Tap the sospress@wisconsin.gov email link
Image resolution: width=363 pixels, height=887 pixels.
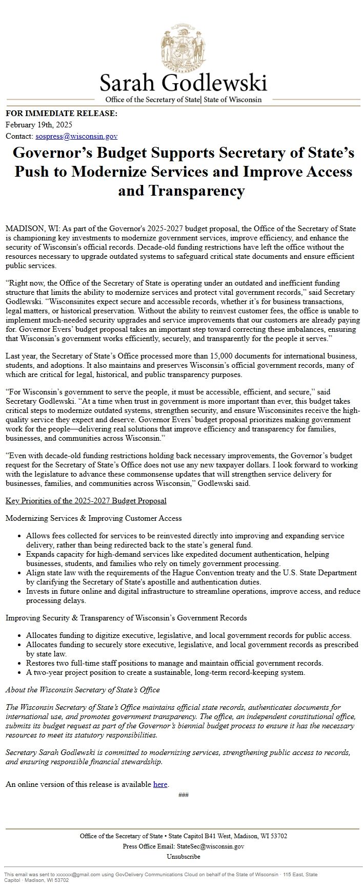click(76, 136)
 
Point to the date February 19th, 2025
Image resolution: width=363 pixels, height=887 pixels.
click(38, 125)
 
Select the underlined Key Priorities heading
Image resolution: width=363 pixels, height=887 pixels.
click(86, 501)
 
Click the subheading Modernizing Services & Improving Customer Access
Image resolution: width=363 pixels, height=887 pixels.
click(93, 518)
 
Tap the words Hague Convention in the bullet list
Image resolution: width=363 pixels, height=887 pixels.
click(231, 573)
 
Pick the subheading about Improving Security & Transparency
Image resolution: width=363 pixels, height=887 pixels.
click(126, 618)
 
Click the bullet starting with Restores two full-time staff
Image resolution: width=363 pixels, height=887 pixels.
click(174, 663)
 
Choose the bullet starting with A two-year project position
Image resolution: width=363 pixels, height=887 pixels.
click(166, 672)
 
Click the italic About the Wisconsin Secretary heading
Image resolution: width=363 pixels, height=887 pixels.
click(83, 690)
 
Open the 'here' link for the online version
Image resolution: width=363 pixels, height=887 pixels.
click(160, 784)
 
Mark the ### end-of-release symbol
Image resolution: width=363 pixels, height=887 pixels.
click(183, 795)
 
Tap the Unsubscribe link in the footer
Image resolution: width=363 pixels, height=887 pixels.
click(183, 856)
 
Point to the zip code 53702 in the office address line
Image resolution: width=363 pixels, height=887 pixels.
click(278, 836)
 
